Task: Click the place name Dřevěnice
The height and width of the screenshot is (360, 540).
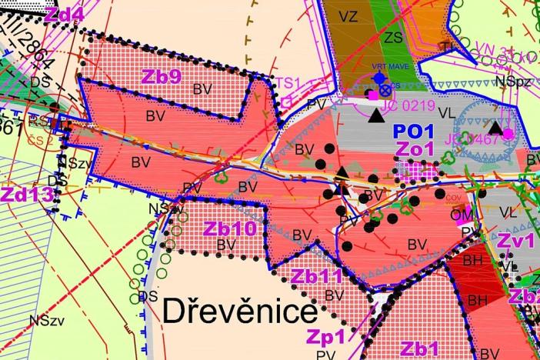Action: [x=240, y=312]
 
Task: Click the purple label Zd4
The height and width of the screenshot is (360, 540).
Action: [x=65, y=14]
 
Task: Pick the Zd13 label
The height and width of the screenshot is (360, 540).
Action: [x=26, y=194]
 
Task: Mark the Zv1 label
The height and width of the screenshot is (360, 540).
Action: [x=515, y=240]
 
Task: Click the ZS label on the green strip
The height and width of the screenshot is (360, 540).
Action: [x=394, y=37]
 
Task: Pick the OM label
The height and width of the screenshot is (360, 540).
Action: [x=461, y=215]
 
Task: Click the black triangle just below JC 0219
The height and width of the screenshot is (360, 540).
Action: [x=375, y=115]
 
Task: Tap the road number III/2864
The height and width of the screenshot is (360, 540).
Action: [x=32, y=54]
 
